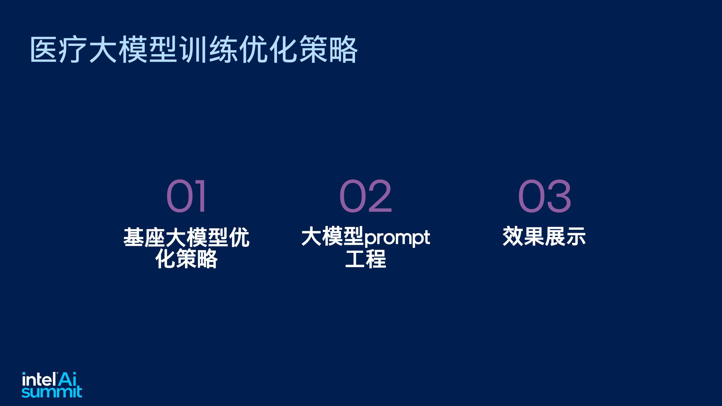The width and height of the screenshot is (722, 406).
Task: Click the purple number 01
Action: coord(186,195)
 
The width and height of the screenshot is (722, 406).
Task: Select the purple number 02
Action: coord(366,195)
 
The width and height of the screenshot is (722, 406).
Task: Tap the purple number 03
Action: coord(544,195)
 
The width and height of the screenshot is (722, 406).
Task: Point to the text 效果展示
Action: coord(544,237)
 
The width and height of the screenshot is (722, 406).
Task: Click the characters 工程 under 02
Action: coord(366,258)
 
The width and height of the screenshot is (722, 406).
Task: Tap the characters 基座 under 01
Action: coord(144,237)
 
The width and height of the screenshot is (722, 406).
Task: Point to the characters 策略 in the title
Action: coord(328,49)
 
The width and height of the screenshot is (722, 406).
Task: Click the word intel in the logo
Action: coord(39,379)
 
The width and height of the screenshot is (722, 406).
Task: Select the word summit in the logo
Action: coord(52,392)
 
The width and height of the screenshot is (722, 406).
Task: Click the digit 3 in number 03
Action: coord(558,195)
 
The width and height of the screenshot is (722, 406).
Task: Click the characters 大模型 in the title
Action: coord(133,49)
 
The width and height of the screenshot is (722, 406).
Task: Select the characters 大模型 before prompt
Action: coord(333,237)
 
